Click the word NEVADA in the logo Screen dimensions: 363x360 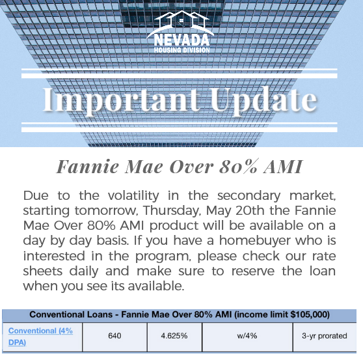[181, 40]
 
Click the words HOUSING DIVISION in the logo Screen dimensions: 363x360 [182, 50]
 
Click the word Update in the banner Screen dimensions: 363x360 [263, 100]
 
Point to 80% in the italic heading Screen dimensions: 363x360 [239, 166]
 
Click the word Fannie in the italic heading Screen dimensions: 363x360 [88, 167]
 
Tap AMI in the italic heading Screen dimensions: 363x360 [283, 167]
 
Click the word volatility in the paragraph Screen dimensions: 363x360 [133, 196]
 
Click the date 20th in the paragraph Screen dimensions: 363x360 [250, 210]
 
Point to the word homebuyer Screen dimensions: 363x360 [255, 241]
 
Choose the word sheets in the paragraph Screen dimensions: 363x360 [43, 271]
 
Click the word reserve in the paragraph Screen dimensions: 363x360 [253, 271]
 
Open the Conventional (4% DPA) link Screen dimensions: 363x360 [40, 337]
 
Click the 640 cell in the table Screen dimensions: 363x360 [114, 336]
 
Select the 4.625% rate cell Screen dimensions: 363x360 [174, 336]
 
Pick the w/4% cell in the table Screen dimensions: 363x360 [247, 336]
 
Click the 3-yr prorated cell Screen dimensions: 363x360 [325, 336]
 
